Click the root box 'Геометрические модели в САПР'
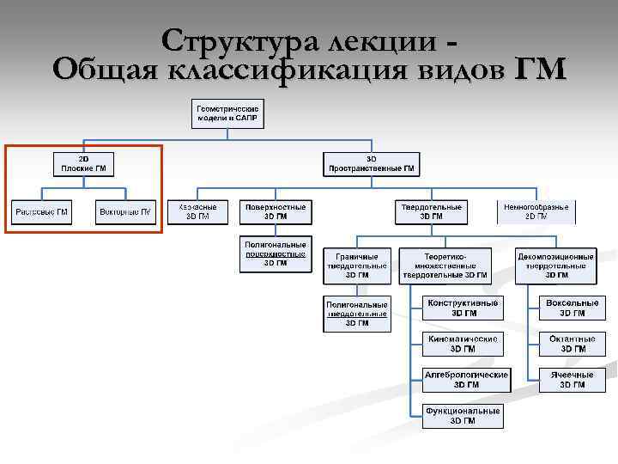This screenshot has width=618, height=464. (x=228, y=113)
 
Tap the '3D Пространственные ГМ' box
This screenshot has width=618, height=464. (x=371, y=163)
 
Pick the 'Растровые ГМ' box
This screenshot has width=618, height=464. (x=41, y=211)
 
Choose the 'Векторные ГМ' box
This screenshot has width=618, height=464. (x=125, y=211)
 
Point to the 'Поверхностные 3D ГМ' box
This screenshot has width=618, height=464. (x=276, y=211)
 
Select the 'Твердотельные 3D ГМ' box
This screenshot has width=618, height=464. (x=432, y=211)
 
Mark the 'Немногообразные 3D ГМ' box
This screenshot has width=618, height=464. (x=536, y=211)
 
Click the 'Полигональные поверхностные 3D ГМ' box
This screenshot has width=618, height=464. (x=276, y=253)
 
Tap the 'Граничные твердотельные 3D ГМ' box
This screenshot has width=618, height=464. (x=357, y=266)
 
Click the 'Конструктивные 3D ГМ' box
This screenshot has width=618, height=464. (x=463, y=308)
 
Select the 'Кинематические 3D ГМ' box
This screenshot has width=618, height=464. (x=463, y=344)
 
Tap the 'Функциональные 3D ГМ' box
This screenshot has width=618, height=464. (x=463, y=416)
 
